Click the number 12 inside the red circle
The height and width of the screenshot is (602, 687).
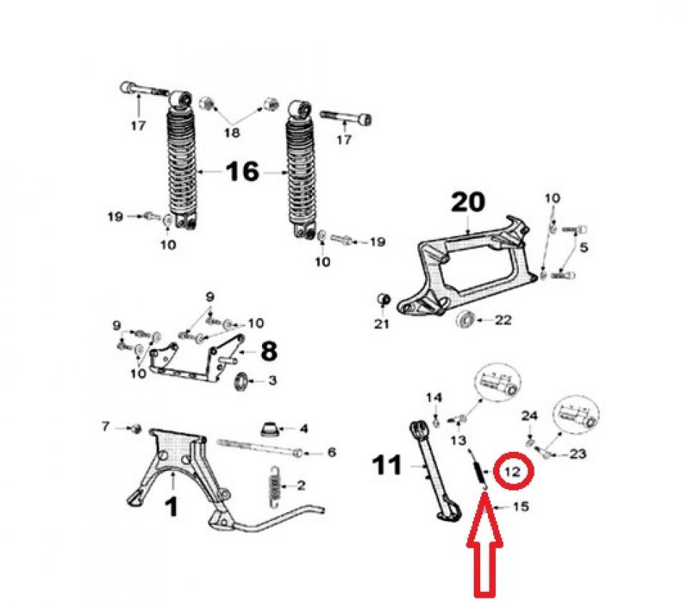(512, 472)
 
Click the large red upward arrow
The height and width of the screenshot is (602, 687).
(484, 544)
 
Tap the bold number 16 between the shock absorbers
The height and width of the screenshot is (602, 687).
(243, 171)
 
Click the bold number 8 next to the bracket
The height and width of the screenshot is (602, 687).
(268, 351)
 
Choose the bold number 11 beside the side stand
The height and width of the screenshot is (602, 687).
(386, 465)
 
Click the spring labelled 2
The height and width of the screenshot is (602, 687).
(275, 486)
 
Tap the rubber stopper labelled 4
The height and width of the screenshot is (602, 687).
(269, 429)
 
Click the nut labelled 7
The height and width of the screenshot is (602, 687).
(136, 428)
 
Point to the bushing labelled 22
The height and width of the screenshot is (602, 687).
(465, 320)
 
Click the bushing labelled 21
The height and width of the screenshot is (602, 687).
(384, 300)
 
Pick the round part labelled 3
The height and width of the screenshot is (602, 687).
(241, 381)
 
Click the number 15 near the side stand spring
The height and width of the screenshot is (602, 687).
(520, 507)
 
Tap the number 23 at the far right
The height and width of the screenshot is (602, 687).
(577, 454)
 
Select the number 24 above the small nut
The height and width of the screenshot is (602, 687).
(530, 416)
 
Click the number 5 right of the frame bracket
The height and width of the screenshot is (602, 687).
(584, 247)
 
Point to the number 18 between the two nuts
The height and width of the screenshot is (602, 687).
(232, 132)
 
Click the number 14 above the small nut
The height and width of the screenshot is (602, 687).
(434, 398)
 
